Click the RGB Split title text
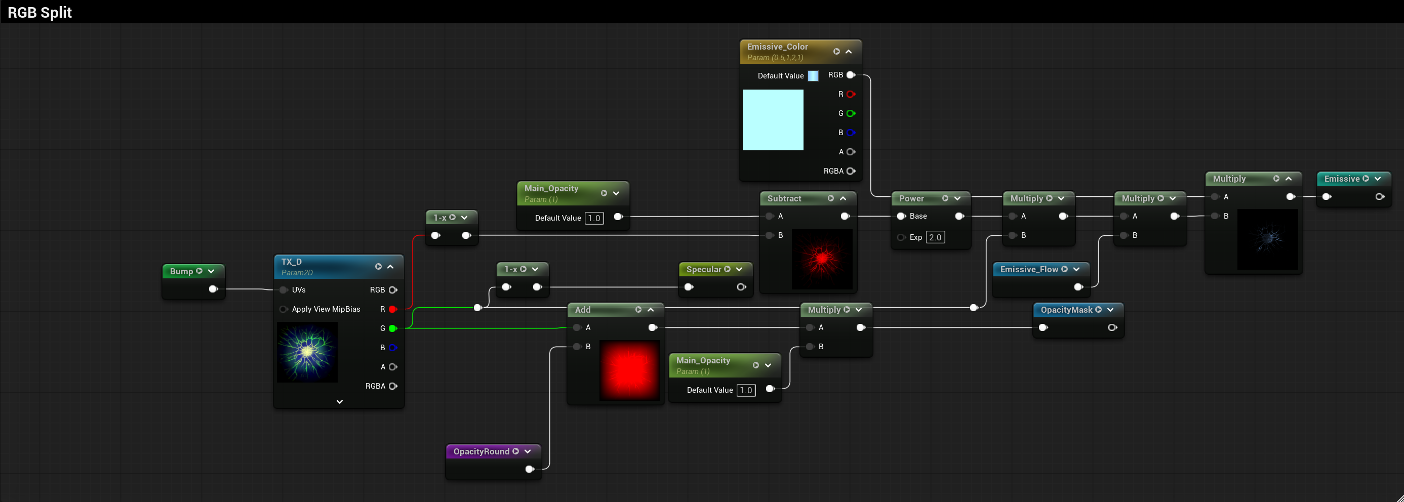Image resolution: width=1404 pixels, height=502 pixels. point(40,12)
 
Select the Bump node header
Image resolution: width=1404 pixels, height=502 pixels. point(193,271)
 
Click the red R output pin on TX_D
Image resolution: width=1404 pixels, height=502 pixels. point(392,309)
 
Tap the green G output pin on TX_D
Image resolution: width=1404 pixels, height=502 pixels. point(392,328)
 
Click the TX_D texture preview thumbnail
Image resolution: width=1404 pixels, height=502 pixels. point(307,352)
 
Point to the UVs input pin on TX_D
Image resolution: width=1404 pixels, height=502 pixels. point(284,289)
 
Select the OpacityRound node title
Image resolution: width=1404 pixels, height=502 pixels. point(482,451)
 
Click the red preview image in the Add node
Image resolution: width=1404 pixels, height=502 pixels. point(629,370)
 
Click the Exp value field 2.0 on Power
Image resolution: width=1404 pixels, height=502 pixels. point(935,237)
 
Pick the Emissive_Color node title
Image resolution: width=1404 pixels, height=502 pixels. point(777,47)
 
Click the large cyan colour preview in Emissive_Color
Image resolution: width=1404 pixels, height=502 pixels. point(773,120)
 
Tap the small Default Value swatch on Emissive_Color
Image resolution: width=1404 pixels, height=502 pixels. point(813,76)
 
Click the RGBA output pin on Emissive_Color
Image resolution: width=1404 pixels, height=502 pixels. point(851,171)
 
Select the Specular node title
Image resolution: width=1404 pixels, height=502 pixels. point(704,270)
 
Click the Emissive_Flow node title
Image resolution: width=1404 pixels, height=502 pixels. point(1029,270)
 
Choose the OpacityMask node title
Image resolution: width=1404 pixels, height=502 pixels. point(1067,310)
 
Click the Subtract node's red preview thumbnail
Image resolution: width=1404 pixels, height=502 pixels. point(822,259)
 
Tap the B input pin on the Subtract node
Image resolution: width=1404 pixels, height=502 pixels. point(770,235)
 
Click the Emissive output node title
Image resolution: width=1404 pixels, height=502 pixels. point(1342,179)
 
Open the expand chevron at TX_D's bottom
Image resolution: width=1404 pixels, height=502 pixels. point(340,402)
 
